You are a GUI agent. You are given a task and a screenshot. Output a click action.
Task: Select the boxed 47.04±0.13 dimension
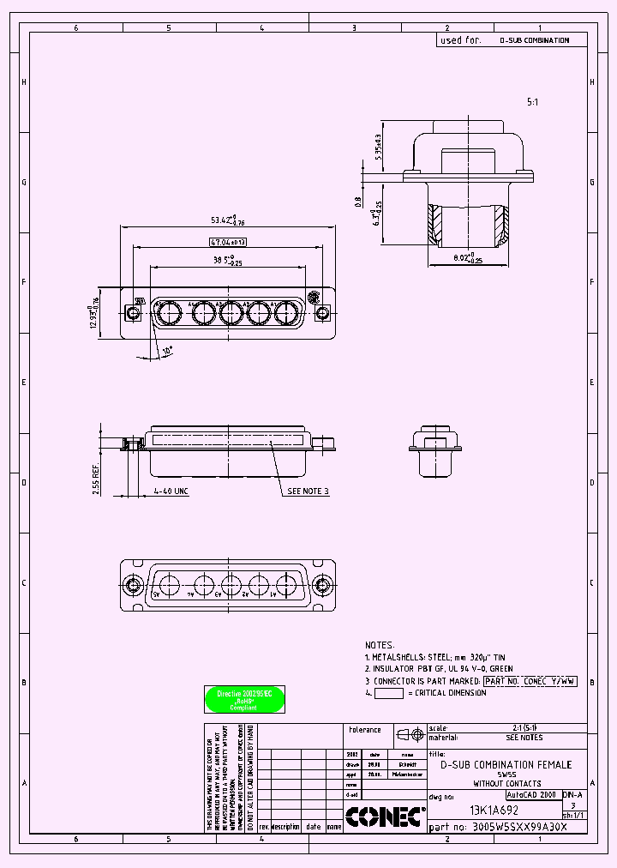227,243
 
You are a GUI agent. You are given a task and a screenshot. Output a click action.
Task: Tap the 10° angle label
168,351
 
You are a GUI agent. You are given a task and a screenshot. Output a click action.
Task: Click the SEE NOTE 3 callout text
308,491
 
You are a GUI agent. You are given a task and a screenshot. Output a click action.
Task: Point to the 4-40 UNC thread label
171,491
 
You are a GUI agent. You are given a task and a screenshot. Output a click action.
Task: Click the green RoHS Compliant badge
244,700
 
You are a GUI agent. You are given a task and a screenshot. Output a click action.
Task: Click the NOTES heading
380,645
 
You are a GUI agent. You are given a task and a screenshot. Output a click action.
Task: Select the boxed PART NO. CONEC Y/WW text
530,681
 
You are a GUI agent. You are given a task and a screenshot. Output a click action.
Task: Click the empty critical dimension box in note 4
389,693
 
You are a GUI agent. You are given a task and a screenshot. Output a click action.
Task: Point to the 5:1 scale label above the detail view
532,101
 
